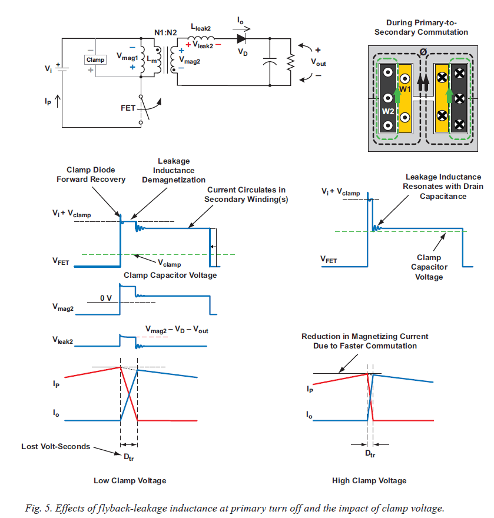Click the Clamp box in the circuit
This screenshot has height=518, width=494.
95,59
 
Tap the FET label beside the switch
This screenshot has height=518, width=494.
128,108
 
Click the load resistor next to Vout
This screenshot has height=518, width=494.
290,61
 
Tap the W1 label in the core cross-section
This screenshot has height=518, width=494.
405,88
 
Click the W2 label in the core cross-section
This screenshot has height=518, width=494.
387,111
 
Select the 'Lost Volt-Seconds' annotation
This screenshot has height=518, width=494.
56,446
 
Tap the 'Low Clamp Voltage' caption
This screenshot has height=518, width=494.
130,480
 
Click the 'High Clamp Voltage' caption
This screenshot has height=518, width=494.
369,480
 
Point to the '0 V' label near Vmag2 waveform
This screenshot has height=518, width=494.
105,298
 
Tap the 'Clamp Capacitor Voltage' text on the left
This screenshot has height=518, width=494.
170,275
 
